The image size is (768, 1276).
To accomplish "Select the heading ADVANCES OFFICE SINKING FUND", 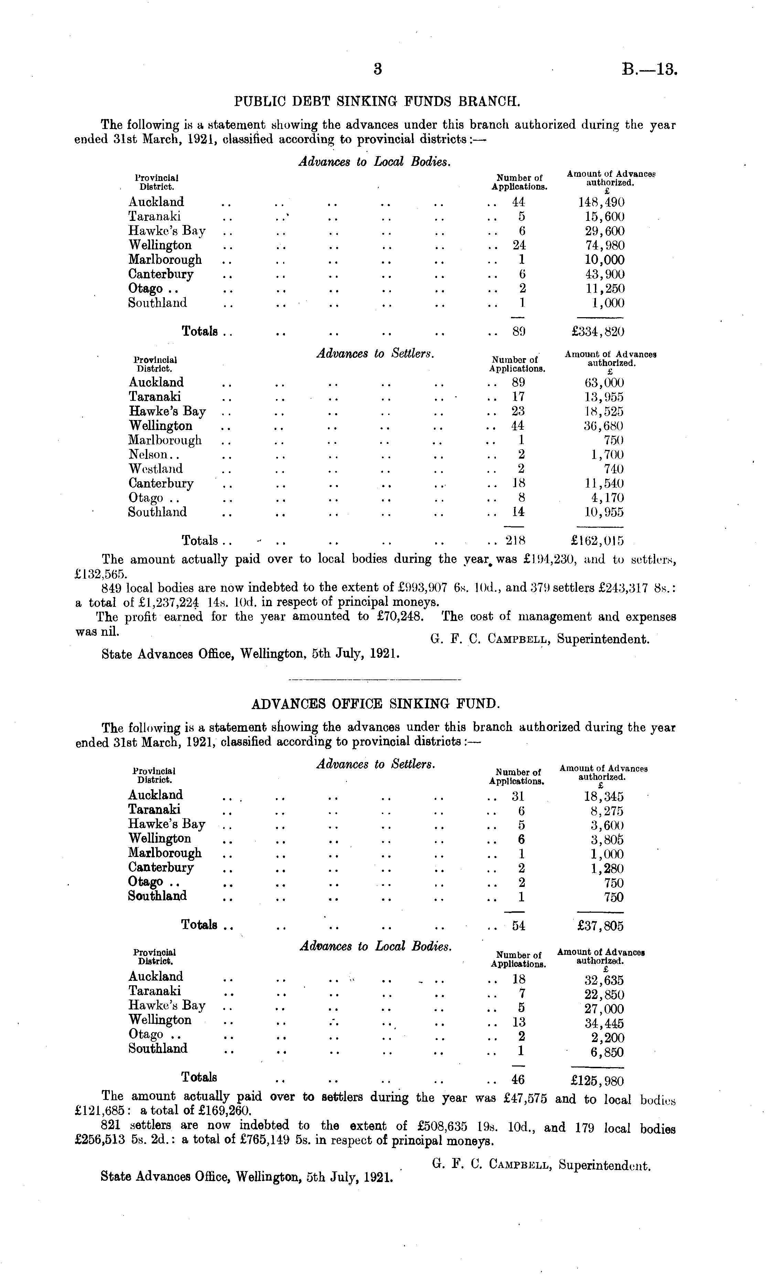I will point(376,704).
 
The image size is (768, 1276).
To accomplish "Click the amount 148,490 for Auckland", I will point(601,202).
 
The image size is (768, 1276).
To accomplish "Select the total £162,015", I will point(598,541).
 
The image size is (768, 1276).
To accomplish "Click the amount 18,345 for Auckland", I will point(604,795).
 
